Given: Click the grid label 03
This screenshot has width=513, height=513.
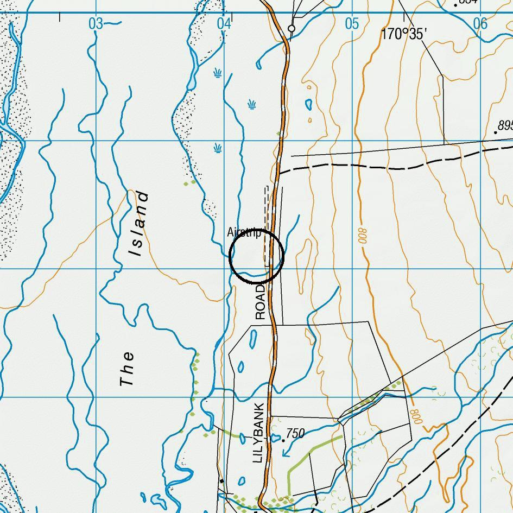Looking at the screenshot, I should tap(96, 23).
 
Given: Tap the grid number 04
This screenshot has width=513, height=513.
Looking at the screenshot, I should tap(224, 23).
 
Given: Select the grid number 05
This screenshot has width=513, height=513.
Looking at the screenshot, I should tap(352, 23).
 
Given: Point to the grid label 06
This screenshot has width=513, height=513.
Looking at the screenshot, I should tap(480, 23).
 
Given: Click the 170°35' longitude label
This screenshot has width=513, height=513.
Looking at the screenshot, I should tap(404, 34).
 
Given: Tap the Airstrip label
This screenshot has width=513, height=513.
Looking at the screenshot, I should tap(244, 233).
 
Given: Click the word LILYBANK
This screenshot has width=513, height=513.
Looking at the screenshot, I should tap(258, 433).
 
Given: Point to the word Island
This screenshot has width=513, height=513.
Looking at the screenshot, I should tap(138, 223).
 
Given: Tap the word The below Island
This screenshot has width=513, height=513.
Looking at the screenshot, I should tap(127, 369).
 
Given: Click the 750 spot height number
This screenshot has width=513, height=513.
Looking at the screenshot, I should tap(295, 433).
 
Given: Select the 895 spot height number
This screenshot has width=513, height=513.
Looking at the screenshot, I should tap(505, 125).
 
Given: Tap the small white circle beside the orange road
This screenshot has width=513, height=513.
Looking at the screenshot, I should tap(292, 28).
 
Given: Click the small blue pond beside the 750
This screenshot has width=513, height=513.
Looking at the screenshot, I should tap(275, 437).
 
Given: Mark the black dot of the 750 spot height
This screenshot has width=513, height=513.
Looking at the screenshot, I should tap(283, 440).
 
